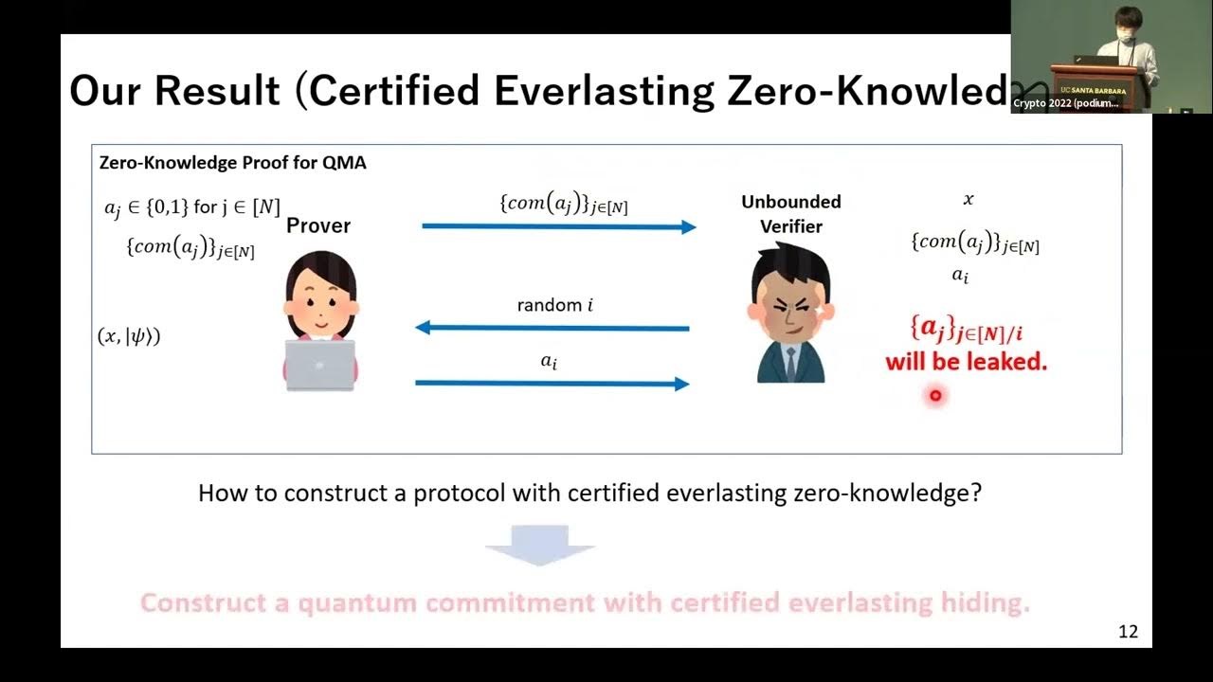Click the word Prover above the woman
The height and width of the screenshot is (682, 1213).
point(318,225)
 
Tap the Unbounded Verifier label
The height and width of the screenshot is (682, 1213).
point(790,213)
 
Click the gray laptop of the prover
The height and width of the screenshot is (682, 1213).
point(319,365)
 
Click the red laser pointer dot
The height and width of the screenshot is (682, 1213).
point(935,396)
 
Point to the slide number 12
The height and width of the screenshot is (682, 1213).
point(1128,632)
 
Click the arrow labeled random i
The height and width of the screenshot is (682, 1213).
point(552,328)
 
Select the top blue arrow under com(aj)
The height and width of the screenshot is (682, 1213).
point(558,226)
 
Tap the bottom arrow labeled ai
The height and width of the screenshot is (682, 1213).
point(552,383)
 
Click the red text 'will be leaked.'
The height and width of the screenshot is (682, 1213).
point(966,362)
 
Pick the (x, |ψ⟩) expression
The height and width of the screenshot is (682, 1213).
point(129,335)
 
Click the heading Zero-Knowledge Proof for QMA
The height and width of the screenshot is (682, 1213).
point(233,163)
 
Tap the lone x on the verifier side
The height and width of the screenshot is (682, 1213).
point(968,200)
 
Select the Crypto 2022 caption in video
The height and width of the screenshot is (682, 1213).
point(1065,103)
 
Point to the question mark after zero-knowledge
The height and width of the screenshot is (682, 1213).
point(976,494)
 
